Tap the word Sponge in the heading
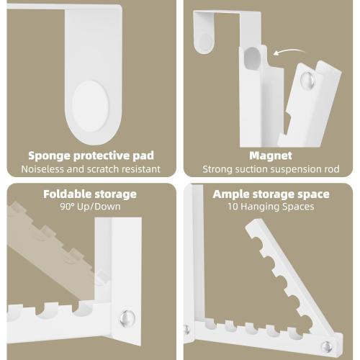(50, 156)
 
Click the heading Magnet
(270, 156)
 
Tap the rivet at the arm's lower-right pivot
(327, 346)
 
